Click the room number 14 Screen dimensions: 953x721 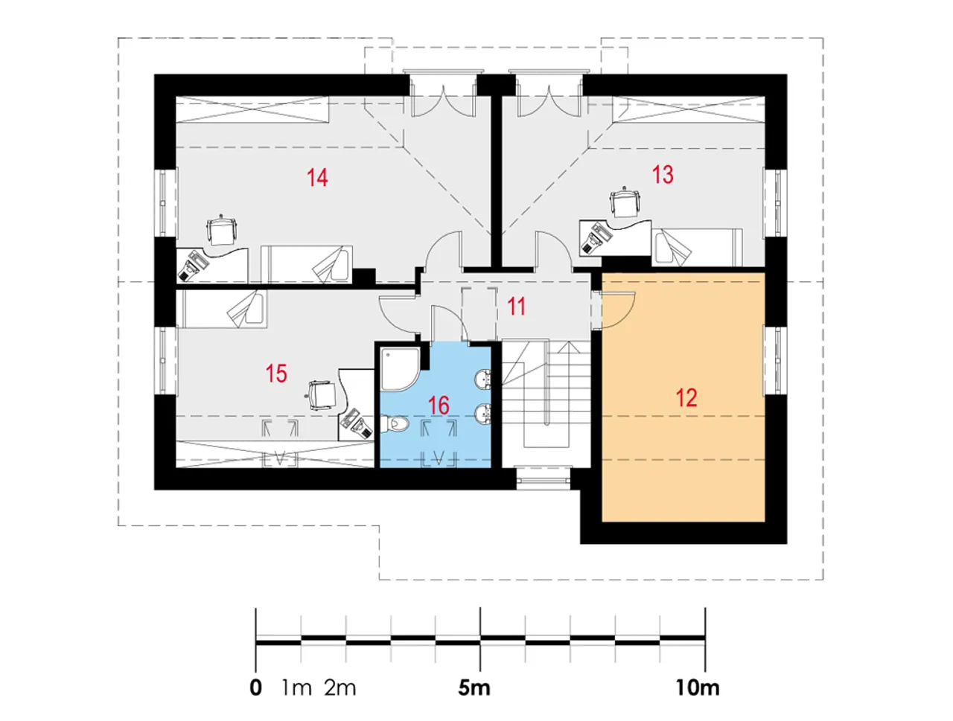(x=317, y=178)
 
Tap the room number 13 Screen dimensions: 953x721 (x=663, y=175)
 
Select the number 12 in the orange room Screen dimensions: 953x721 (x=686, y=397)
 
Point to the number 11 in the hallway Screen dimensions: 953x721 (x=517, y=307)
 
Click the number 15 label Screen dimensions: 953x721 (x=276, y=374)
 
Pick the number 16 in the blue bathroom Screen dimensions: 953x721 (x=439, y=406)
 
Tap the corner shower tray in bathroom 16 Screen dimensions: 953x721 (x=401, y=369)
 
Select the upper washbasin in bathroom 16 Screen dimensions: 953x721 (x=483, y=378)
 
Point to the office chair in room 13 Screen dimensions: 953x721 (x=625, y=202)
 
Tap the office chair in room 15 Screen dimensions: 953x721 (x=321, y=395)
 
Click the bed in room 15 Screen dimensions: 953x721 (x=223, y=309)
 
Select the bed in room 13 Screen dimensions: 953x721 (x=696, y=248)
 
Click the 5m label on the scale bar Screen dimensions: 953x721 (x=474, y=688)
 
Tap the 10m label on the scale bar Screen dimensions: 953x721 (x=698, y=688)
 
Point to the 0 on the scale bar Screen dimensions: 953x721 (x=256, y=688)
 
